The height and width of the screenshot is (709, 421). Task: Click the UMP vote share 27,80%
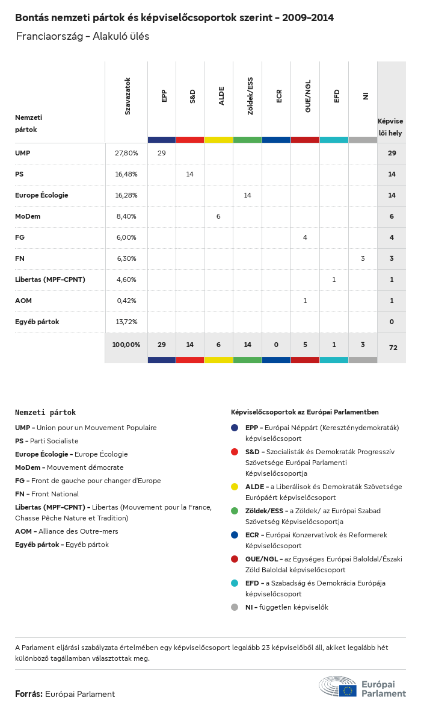(126, 153)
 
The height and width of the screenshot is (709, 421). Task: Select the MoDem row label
(28, 216)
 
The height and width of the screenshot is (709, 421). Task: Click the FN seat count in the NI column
(363, 258)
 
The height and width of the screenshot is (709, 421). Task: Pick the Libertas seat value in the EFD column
(334, 280)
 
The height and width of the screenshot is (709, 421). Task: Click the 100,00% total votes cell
(126, 345)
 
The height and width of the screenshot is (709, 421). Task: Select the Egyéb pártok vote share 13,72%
(126, 322)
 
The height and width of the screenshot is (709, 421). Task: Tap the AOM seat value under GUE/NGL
(305, 301)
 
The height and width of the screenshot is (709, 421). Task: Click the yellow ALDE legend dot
(235, 487)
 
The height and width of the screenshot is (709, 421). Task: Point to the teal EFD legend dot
(235, 583)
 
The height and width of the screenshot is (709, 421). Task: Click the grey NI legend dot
(235, 607)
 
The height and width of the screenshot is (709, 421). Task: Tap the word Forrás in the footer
(28, 694)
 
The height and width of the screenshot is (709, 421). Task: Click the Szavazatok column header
(128, 96)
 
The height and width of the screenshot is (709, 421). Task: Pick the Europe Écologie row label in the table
(41, 195)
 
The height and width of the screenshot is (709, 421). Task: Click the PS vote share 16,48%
(126, 174)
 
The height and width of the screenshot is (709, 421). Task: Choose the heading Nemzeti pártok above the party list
(46, 413)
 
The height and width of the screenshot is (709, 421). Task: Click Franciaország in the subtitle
(50, 36)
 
